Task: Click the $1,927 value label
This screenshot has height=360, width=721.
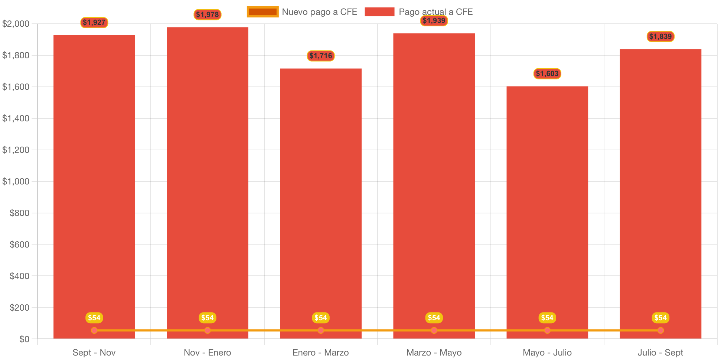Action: pos(94,23)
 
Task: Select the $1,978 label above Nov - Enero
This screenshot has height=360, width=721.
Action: pos(208,15)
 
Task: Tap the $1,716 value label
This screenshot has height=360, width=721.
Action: pos(321,56)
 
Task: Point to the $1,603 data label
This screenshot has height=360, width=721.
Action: pos(547,74)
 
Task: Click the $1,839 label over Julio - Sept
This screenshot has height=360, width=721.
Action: pos(660,37)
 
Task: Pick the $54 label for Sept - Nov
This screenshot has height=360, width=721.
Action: pos(94,318)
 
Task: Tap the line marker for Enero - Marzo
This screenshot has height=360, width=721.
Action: pos(321,330)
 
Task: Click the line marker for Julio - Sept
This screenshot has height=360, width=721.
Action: pos(660,330)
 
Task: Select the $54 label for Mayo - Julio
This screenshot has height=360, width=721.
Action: pos(547,318)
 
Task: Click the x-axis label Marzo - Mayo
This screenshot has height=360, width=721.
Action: pos(434,353)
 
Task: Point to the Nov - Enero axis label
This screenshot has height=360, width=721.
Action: pos(208,353)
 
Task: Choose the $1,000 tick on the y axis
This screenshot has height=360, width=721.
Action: pos(16,181)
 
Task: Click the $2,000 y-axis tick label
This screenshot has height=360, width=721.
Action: pos(16,24)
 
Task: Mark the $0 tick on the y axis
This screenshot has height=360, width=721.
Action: pos(25,339)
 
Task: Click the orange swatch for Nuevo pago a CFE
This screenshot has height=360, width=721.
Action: pos(262,12)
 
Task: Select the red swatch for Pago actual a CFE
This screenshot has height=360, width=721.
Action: pos(379,12)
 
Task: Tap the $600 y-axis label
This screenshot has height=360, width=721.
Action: pos(19,245)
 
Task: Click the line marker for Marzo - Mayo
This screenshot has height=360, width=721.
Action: pos(434,330)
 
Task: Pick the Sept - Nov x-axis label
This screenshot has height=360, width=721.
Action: pos(94,353)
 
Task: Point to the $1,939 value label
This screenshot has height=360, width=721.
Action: pos(434,21)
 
